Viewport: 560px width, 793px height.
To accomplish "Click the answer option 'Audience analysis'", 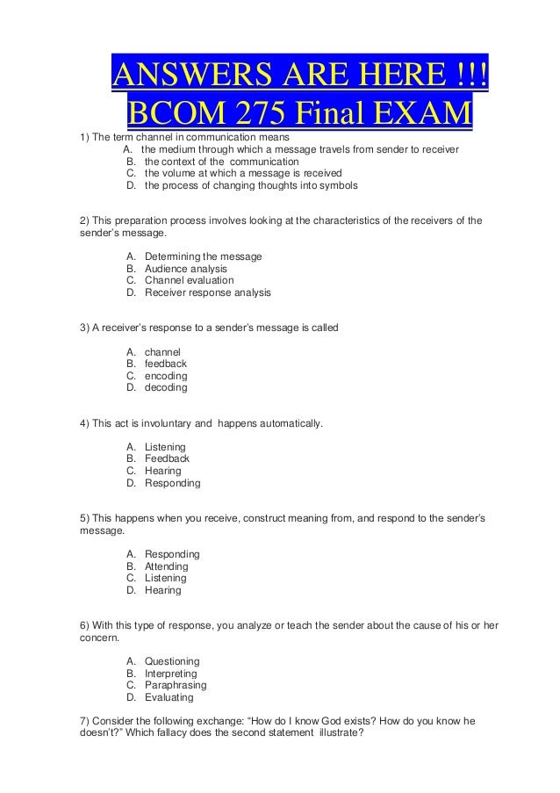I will (185, 268).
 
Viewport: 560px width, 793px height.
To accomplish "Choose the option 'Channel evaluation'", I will (189, 280).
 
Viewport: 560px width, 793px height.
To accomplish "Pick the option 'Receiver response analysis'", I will (207, 292).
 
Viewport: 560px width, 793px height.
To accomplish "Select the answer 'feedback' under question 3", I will (165, 364).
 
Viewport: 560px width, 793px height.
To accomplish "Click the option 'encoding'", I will (166, 376).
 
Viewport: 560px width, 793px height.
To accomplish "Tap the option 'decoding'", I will (166, 387).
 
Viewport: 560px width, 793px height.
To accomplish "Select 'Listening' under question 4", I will (165, 447).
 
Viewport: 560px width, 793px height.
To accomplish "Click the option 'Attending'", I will (166, 566).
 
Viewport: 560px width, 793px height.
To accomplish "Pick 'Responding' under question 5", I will (172, 554).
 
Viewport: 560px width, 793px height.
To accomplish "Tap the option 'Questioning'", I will (172, 661).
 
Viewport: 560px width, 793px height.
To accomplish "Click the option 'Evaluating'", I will (169, 697).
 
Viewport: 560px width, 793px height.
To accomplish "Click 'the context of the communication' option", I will (221, 162).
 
